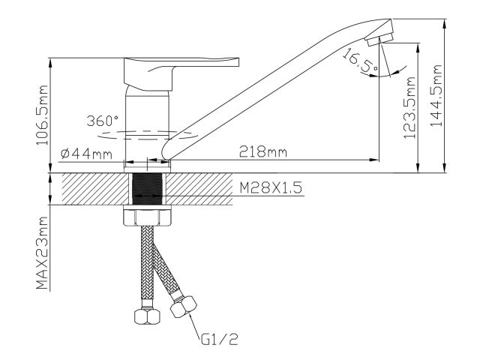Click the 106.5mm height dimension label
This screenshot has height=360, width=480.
coord(42,115)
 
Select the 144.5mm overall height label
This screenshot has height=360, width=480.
coord(436,95)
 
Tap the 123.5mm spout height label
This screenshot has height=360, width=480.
coord(409,108)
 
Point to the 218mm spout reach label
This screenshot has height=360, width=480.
coord(263,151)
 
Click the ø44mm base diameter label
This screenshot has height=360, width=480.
coord(86,154)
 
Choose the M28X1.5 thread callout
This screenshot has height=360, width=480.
coord(271,187)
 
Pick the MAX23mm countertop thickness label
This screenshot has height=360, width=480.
coord(42,253)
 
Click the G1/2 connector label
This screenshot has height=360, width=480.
coord(220,339)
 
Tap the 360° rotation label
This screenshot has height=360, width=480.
coord(103,121)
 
